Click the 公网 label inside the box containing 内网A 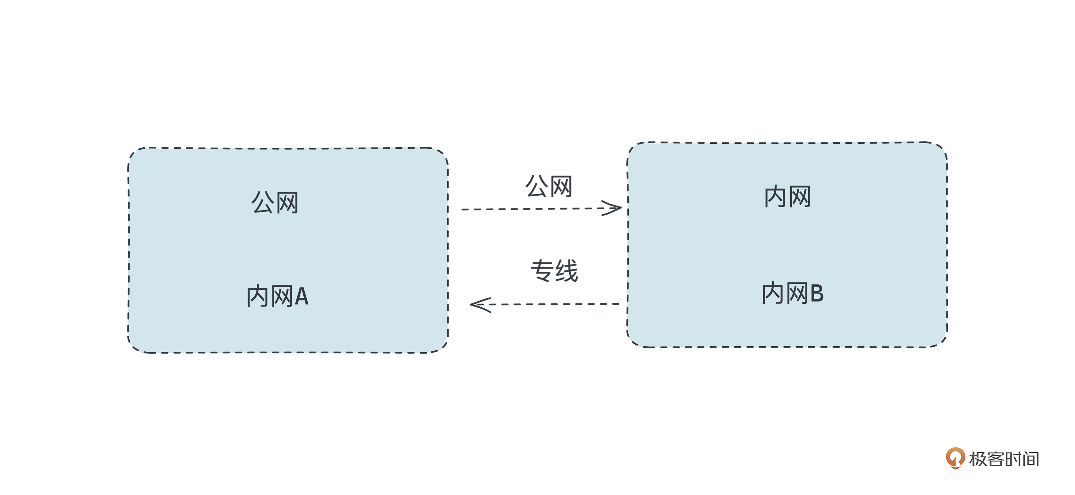[x=275, y=203]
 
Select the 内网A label [x=277, y=296]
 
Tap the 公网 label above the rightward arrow [x=548, y=186]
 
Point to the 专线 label [x=554, y=271]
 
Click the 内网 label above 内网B [x=787, y=196]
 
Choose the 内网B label [x=792, y=293]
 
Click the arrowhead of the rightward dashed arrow [x=613, y=208]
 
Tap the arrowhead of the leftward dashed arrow [x=479, y=305]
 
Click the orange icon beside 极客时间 [x=955, y=457]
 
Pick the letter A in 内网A [x=301, y=296]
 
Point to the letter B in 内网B [x=817, y=293]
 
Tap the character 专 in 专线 [x=542, y=271]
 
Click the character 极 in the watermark [x=978, y=459]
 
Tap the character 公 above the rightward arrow [x=536, y=186]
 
